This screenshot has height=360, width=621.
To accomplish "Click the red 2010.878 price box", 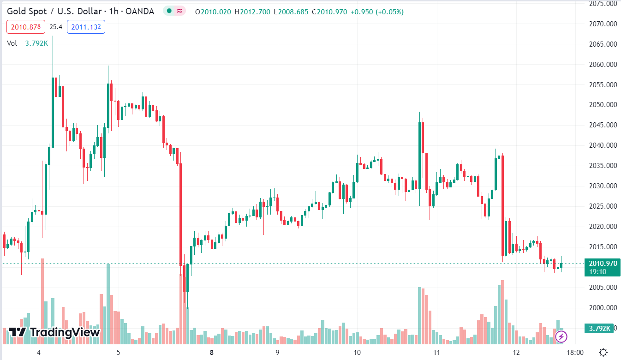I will (x=26, y=27).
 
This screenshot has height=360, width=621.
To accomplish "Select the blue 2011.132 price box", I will (x=86, y=27).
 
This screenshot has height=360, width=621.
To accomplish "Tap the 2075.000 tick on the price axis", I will (x=603, y=4).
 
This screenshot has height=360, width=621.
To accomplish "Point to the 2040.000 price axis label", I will (x=603, y=145).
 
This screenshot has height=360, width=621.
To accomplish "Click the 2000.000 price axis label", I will (x=603, y=308).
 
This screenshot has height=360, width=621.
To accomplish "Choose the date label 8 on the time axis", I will (x=211, y=353).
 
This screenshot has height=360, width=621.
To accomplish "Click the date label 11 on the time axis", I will (x=436, y=353).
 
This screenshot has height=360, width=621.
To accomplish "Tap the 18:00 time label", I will (x=575, y=353).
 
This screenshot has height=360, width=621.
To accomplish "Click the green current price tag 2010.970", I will (x=602, y=264).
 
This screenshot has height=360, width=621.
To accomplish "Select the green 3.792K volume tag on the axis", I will (x=600, y=329).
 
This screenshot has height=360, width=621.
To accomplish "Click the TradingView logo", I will (x=54, y=332).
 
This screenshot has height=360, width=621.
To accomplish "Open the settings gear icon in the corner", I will (x=603, y=353).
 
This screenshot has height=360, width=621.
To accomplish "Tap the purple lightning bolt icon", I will (x=561, y=336).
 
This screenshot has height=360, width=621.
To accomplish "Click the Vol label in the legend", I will (x=12, y=43).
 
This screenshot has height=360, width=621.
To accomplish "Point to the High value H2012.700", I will (x=252, y=12).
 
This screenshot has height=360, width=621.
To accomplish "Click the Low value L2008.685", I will (x=291, y=12).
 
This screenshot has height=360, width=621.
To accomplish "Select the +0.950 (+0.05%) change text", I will (x=377, y=12).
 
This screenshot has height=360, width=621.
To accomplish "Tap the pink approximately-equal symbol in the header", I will (x=179, y=11).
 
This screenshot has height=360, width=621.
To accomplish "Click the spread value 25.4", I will (x=56, y=27).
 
